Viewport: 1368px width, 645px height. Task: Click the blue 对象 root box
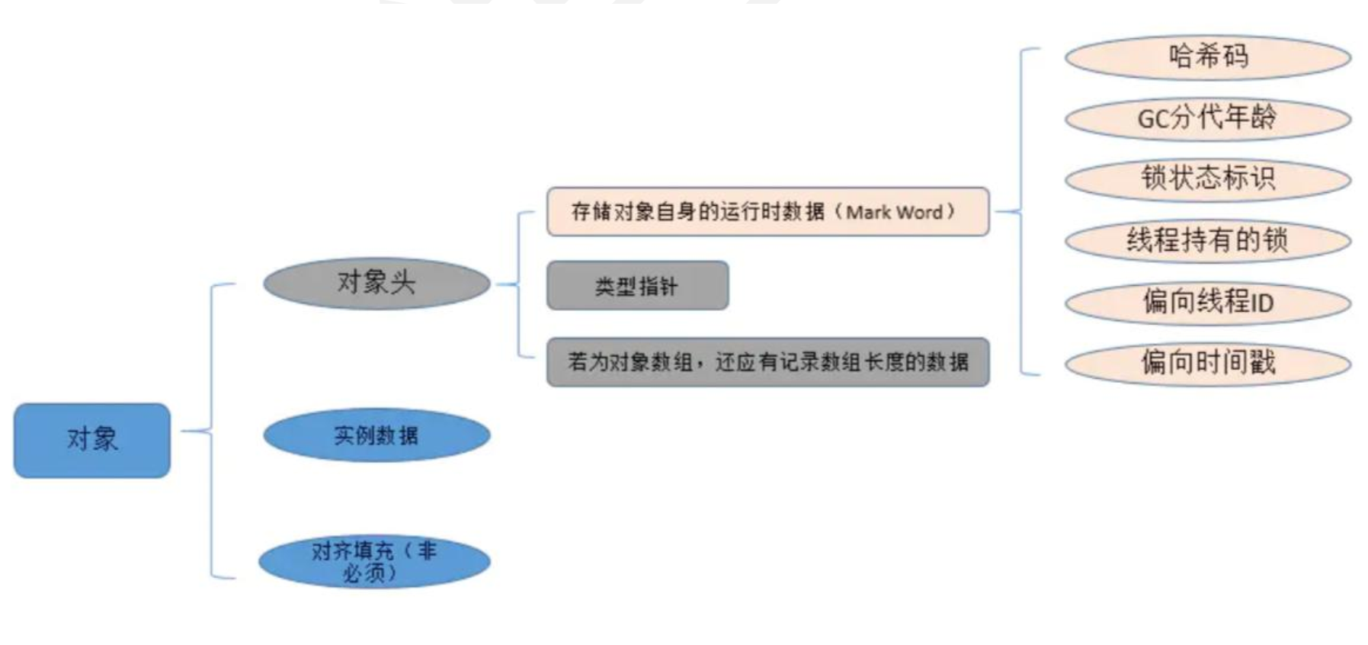tap(92, 440)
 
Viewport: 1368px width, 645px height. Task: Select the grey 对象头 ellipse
tap(376, 283)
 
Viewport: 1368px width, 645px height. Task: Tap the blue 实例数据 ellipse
tap(376, 435)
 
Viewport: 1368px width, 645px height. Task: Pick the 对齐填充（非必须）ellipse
tap(374, 561)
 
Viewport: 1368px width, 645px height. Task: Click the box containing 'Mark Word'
tap(767, 211)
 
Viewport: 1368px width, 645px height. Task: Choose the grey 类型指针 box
tap(637, 286)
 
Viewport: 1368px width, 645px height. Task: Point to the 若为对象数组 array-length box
tap(767, 362)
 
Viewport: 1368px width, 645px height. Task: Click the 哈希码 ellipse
tap(1207, 57)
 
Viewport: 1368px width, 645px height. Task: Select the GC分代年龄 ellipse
tap(1207, 118)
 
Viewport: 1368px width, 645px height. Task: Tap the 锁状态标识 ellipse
tap(1207, 179)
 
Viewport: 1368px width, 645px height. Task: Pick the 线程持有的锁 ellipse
tap(1207, 241)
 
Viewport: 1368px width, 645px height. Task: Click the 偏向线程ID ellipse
tap(1207, 302)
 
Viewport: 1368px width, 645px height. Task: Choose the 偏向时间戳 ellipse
tap(1207, 363)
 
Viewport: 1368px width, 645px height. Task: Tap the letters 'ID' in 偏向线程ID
tap(1262, 303)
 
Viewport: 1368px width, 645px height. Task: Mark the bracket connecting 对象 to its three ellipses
tap(211, 432)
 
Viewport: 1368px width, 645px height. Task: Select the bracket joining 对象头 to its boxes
tap(518, 284)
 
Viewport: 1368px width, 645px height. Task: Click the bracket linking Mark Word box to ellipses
tap(1020, 212)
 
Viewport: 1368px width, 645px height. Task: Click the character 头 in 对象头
tap(402, 283)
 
